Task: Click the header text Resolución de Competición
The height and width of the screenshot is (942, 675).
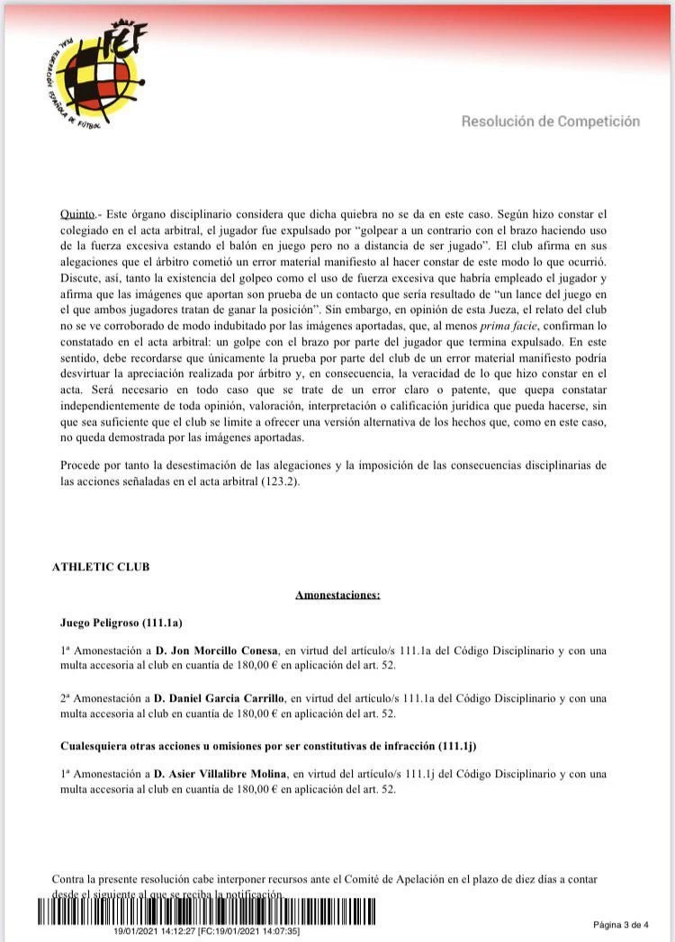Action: (550, 121)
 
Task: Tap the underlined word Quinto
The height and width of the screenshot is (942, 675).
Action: (76, 214)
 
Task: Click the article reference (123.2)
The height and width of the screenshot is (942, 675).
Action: (282, 481)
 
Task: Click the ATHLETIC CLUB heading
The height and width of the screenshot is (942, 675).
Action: (101, 567)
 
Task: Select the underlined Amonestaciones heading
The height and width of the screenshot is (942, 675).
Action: (337, 595)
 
